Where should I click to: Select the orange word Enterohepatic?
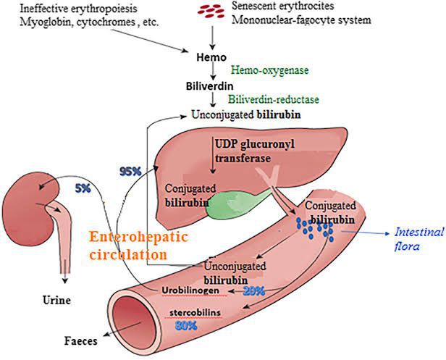pos(135,238)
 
